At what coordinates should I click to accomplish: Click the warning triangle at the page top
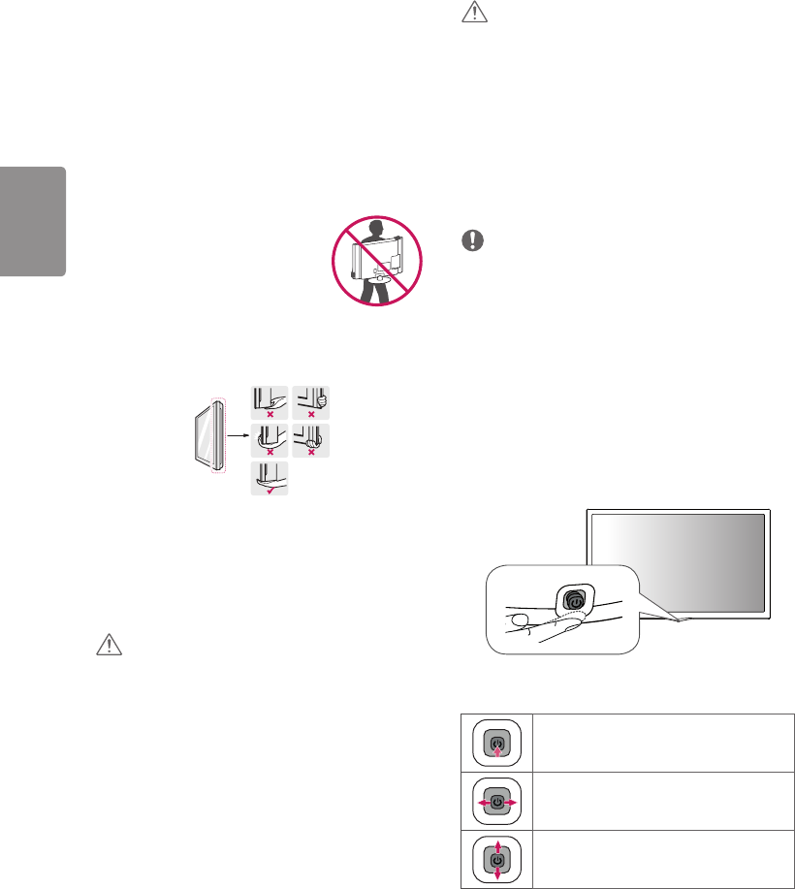pos(474,12)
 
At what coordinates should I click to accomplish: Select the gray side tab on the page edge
pos(32,221)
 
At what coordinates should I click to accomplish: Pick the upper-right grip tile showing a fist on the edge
pos(310,401)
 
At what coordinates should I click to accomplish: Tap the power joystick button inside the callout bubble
pos(575,599)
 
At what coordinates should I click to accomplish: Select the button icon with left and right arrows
pos(496,803)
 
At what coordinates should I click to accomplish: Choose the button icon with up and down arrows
pos(496,859)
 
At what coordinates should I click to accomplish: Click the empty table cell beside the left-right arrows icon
pos(663,803)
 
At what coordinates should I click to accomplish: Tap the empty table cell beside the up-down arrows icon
pos(663,859)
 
